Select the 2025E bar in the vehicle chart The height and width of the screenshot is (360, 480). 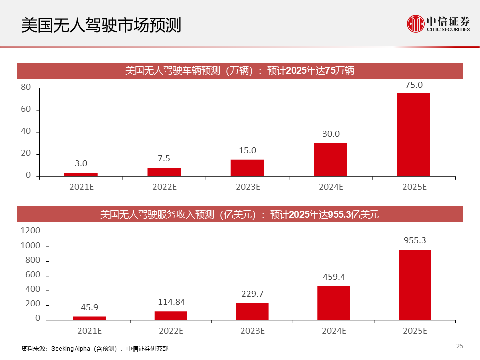413,135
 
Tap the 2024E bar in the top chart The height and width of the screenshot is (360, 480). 330,160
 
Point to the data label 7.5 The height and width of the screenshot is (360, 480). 164,159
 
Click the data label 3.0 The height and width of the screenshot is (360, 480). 81,163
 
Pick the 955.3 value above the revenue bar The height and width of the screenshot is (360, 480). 415,240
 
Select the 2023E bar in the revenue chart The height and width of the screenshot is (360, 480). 252,311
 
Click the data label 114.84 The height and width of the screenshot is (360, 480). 171,302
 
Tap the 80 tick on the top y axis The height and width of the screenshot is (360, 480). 26,88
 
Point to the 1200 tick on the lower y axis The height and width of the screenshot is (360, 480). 30,231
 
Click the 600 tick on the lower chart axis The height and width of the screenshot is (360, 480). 32,276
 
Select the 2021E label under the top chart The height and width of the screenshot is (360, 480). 81,187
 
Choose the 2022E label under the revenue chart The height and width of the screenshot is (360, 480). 171,331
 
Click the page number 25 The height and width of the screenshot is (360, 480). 460,346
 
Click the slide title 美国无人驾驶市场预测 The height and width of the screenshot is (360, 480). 101,25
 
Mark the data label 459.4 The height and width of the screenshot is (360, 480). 334,277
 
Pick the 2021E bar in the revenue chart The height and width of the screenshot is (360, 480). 89,318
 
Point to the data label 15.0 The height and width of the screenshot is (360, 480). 247,150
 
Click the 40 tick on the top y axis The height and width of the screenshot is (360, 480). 26,132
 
